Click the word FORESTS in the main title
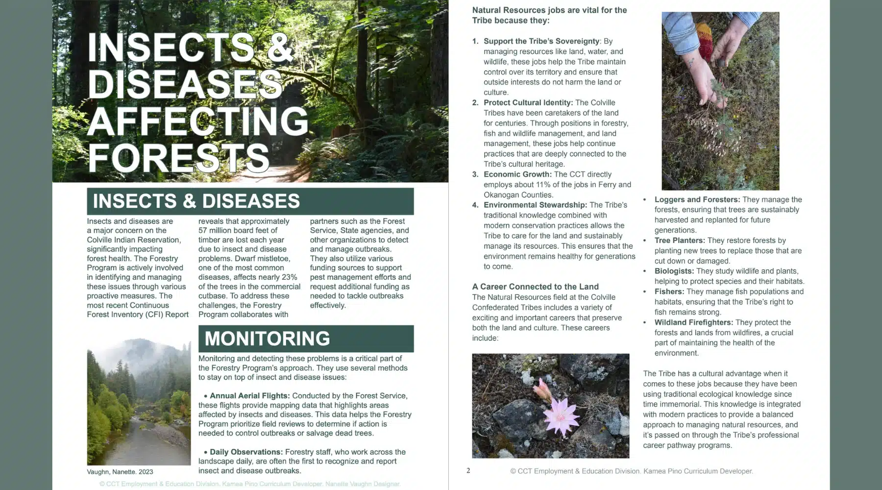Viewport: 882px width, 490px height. click(178, 158)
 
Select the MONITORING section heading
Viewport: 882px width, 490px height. click(267, 339)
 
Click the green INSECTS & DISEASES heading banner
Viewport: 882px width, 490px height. click(250, 201)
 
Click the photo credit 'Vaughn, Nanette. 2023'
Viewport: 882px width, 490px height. click(120, 472)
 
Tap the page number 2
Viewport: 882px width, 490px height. click(468, 470)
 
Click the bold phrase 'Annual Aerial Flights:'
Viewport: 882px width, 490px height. click(250, 396)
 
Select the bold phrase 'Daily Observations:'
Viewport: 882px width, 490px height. click(246, 452)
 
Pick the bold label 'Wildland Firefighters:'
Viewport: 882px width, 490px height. click(693, 322)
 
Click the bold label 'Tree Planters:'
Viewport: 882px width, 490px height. click(680, 241)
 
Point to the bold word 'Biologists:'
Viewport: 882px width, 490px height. click(674, 271)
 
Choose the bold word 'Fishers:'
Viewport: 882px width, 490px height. click(669, 292)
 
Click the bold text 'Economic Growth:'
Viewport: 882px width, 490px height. click(517, 174)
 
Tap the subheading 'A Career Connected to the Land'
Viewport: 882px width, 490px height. click(535, 287)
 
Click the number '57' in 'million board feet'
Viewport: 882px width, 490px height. click(203, 230)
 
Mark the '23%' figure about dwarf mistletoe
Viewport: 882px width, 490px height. click(289, 277)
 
